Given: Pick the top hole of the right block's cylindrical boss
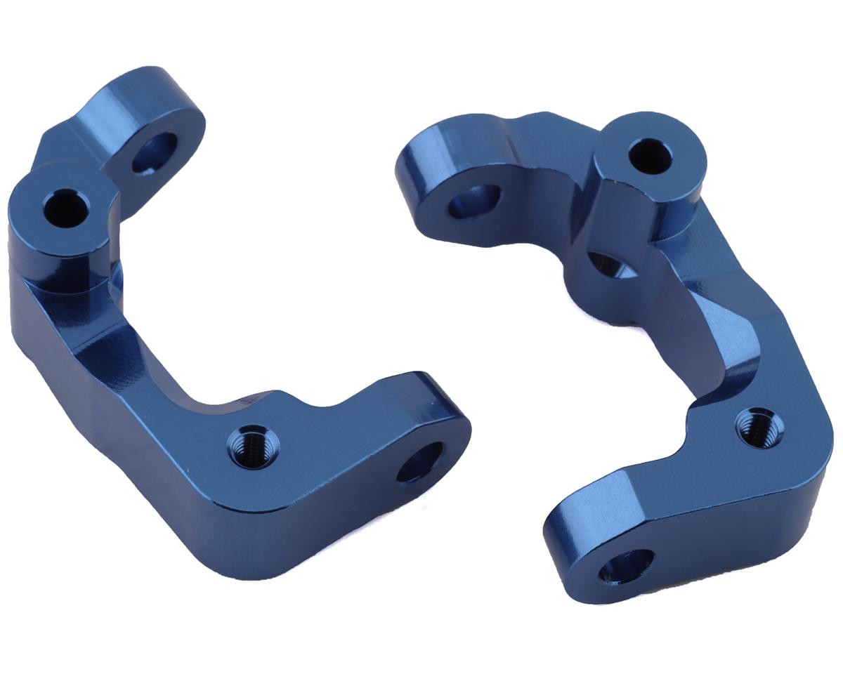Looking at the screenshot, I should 649,155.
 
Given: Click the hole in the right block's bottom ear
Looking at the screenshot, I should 626,565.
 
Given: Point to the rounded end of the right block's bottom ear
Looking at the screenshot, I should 569,555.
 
